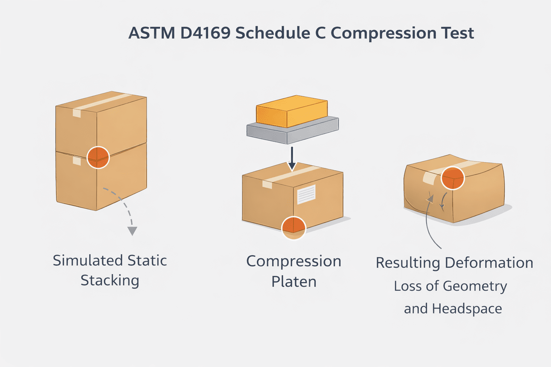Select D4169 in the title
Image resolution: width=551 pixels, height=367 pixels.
pyautogui.click(x=205, y=33)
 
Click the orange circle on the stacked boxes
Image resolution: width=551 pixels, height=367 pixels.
pyautogui.click(x=98, y=157)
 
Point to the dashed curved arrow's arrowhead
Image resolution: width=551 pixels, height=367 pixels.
pyautogui.click(x=132, y=231)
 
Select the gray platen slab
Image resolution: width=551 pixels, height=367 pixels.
pyautogui.click(x=292, y=131)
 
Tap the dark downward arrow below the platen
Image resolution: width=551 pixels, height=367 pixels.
pyautogui.click(x=292, y=158)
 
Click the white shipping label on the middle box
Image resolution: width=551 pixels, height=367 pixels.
pyautogui.click(x=306, y=194)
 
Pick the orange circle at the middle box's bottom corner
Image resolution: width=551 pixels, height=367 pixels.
pyautogui.click(x=293, y=228)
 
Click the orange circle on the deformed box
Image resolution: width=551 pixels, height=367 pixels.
pyautogui.click(x=453, y=178)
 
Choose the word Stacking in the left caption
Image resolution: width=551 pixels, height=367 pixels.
pyautogui.click(x=110, y=281)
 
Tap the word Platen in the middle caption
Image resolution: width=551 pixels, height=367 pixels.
pyautogui.click(x=294, y=282)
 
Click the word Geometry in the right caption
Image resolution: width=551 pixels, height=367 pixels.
pyautogui.click(x=475, y=286)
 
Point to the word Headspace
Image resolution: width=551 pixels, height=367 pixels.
pyautogui.click(x=467, y=309)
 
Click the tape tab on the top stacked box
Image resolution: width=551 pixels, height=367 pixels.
pyautogui.click(x=77, y=113)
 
